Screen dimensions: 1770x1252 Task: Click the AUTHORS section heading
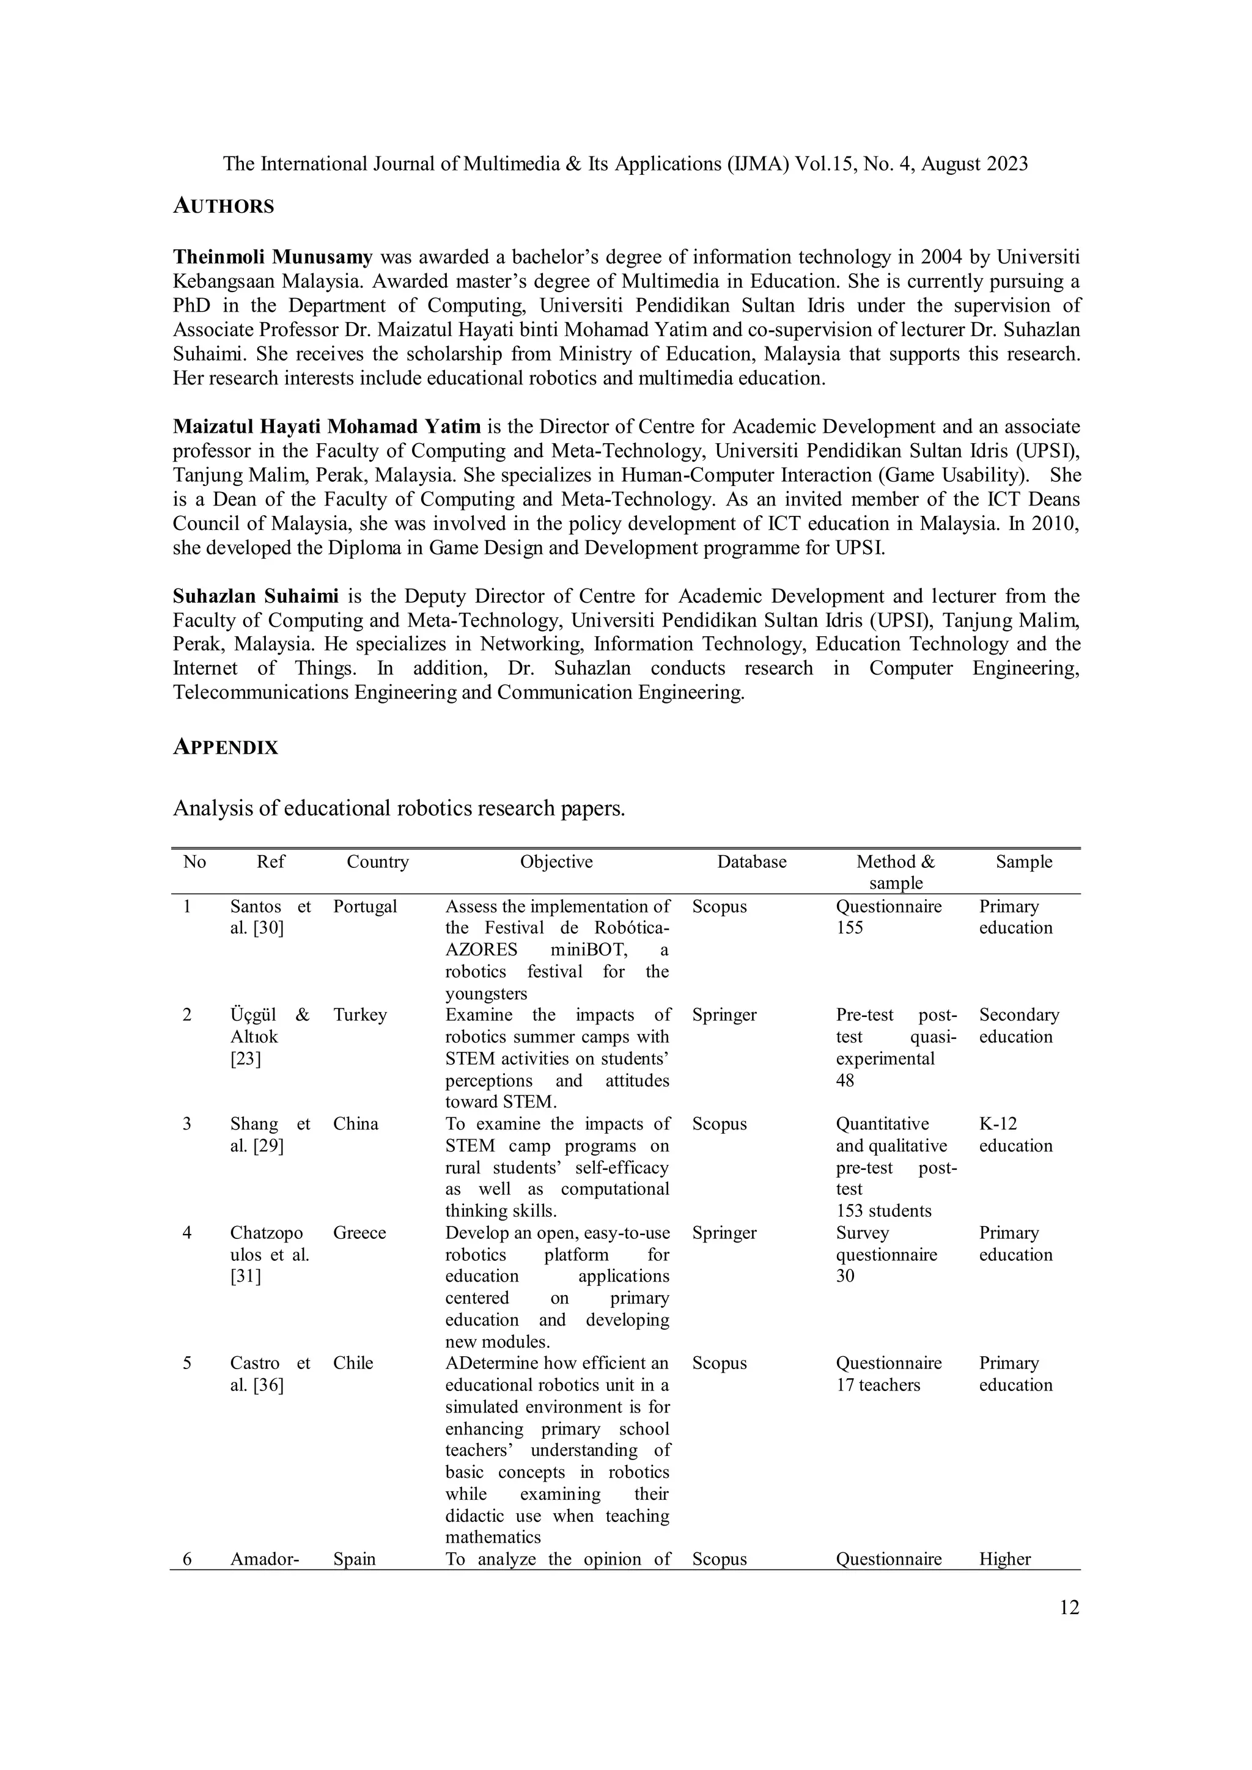point(224,206)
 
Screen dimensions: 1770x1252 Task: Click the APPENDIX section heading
point(225,747)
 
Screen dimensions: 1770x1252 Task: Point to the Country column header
point(377,862)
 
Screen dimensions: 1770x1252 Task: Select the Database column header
point(752,862)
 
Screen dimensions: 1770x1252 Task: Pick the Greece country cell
point(359,1233)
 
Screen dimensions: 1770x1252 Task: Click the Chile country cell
point(353,1363)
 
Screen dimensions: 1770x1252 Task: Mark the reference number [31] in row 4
point(245,1277)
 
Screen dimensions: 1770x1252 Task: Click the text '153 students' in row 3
point(883,1211)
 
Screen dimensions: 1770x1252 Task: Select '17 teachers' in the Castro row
point(878,1386)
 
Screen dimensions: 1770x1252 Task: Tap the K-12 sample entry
point(999,1124)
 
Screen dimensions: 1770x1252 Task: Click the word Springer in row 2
point(724,1015)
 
